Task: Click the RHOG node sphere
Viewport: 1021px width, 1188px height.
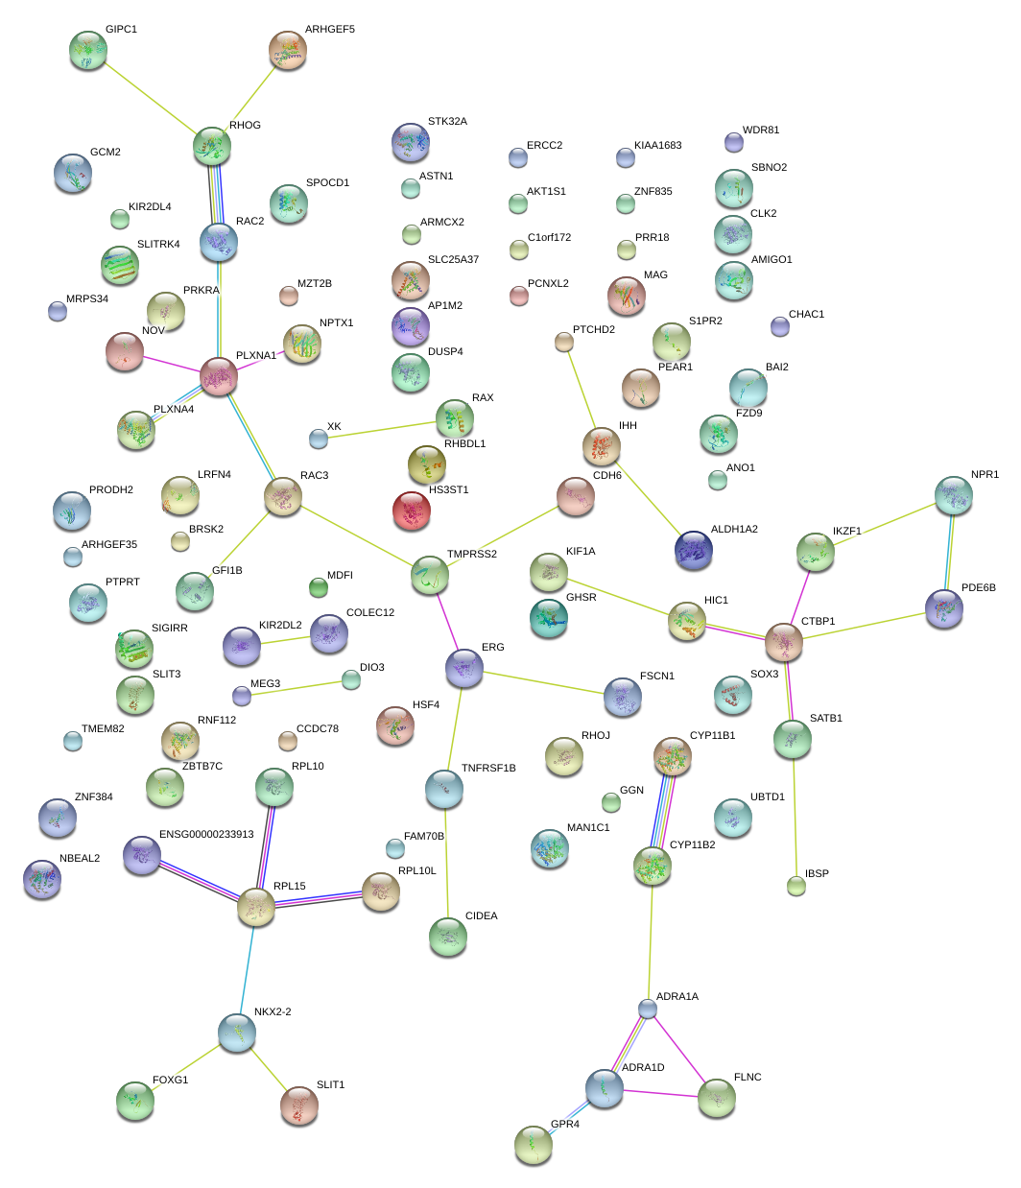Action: [x=211, y=146]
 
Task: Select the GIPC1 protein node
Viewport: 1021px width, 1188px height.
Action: [x=88, y=50]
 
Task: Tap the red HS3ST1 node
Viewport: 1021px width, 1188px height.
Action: [x=413, y=511]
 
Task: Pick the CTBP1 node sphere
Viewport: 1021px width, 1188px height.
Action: [x=784, y=642]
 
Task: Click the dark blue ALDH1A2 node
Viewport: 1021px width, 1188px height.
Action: [x=694, y=550]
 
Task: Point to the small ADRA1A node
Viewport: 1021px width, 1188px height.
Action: [x=648, y=1009]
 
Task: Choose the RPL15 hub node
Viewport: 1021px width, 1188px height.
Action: [x=256, y=907]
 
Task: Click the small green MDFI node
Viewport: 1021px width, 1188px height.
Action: [x=318, y=586]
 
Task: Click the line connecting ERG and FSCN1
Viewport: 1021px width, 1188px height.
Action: [x=544, y=683]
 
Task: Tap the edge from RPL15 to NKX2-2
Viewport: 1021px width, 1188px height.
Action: [x=247, y=969]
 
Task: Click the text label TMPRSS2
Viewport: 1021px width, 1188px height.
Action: [x=471, y=555]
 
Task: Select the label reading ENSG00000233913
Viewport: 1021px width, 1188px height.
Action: [x=205, y=835]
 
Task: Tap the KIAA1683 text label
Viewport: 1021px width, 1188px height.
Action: [x=657, y=146]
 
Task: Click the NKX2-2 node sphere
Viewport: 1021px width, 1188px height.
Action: [x=236, y=1033]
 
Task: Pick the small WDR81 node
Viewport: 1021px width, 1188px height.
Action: [x=733, y=142]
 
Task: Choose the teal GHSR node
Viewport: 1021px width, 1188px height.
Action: [x=548, y=618]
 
